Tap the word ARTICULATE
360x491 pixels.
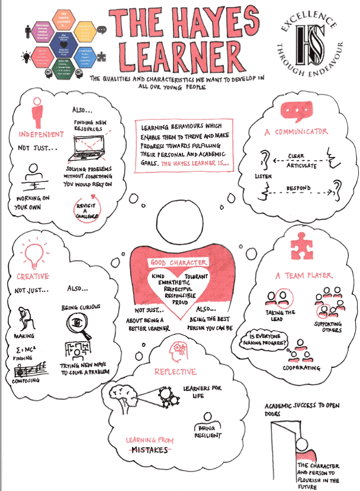coord(301,166)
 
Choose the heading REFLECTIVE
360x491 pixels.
coord(175,372)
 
